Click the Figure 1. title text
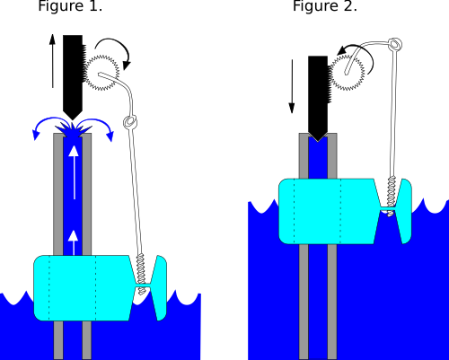(70, 6)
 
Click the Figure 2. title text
(325, 6)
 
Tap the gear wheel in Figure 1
(101, 73)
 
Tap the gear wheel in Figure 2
(348, 73)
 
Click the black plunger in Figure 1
(73, 77)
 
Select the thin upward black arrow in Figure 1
(52, 61)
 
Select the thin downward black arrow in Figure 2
(292, 86)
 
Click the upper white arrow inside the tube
(74, 172)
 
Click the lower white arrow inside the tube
(74, 242)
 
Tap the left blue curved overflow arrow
(48, 120)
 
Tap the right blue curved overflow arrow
(99, 122)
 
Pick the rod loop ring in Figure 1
(130, 121)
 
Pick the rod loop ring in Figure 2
(395, 45)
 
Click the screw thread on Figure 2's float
(392, 196)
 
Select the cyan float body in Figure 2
(345, 211)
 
